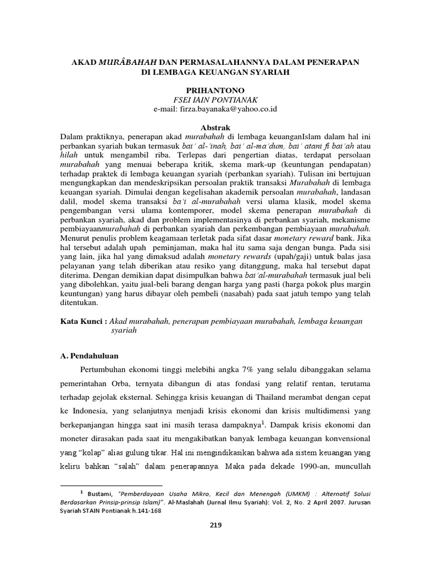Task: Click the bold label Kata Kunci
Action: click(84, 321)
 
